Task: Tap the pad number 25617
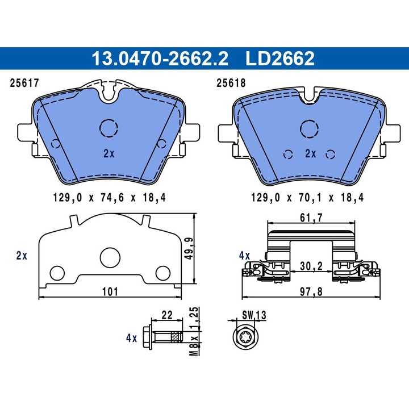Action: tap(24, 83)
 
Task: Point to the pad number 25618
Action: tap(231, 83)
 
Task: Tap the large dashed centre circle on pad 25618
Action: tap(310, 129)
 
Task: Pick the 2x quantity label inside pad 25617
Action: tap(109, 153)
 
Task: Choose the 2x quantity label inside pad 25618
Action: tap(310, 153)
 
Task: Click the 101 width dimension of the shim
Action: tap(109, 291)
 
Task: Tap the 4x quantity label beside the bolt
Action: tap(131, 338)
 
